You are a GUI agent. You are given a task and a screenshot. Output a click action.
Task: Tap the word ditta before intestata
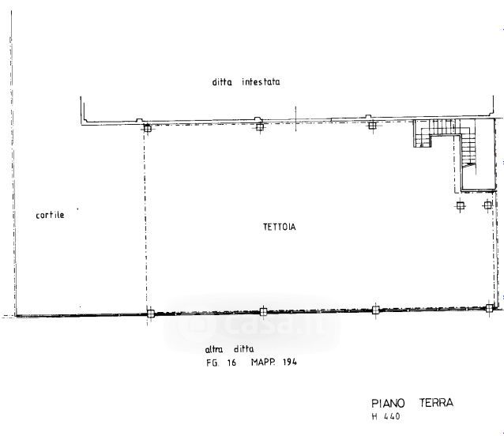pos(223,81)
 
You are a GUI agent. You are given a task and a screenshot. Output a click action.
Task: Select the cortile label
pos(50,215)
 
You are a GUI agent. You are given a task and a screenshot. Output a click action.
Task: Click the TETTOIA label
pos(279,227)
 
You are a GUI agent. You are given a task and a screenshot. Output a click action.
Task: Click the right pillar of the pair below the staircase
pos(487,205)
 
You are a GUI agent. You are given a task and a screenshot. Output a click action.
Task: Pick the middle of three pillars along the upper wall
pos(259,126)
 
